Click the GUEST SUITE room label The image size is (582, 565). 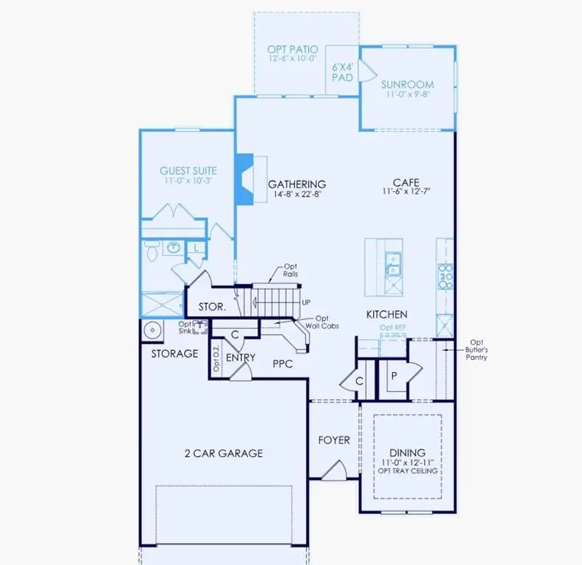(189, 171)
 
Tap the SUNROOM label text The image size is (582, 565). (407, 85)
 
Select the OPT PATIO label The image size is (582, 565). (293, 49)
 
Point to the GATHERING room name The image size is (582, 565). (297, 184)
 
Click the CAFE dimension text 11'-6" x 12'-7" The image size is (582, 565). (407, 191)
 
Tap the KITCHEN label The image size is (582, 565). (387, 314)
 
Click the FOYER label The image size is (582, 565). (333, 440)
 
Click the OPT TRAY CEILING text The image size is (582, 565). (408, 471)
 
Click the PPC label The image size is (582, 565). (283, 363)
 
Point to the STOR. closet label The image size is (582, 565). (211, 307)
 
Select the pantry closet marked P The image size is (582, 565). (394, 375)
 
